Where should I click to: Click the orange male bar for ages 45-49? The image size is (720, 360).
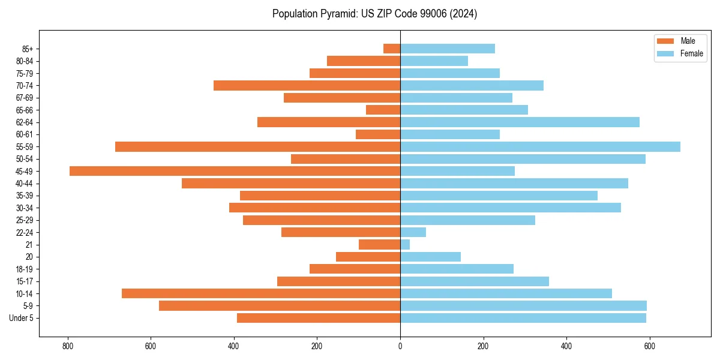pos(235,171)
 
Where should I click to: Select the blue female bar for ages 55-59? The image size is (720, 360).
pos(540,146)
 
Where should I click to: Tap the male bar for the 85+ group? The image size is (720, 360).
pos(392,49)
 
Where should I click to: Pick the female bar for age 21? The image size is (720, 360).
pos(405,245)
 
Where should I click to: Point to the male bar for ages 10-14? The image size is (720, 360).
pos(261,293)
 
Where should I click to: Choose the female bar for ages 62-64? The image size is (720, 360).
pos(520,122)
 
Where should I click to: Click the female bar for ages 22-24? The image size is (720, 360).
pos(413,232)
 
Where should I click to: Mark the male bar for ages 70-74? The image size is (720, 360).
pos(307,85)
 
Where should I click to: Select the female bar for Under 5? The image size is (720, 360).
pos(523,318)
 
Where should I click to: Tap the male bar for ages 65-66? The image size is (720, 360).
pos(383,110)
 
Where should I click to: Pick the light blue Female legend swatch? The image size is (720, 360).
pos(666,53)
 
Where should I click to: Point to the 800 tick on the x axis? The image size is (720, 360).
pos(68,346)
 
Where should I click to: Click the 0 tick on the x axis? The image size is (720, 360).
pos(400,346)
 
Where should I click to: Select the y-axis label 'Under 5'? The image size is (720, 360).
pos(21,318)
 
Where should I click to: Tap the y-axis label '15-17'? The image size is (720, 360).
pos(25,281)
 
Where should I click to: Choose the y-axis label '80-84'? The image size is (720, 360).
pos(25,61)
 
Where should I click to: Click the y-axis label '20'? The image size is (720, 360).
pos(29,257)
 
